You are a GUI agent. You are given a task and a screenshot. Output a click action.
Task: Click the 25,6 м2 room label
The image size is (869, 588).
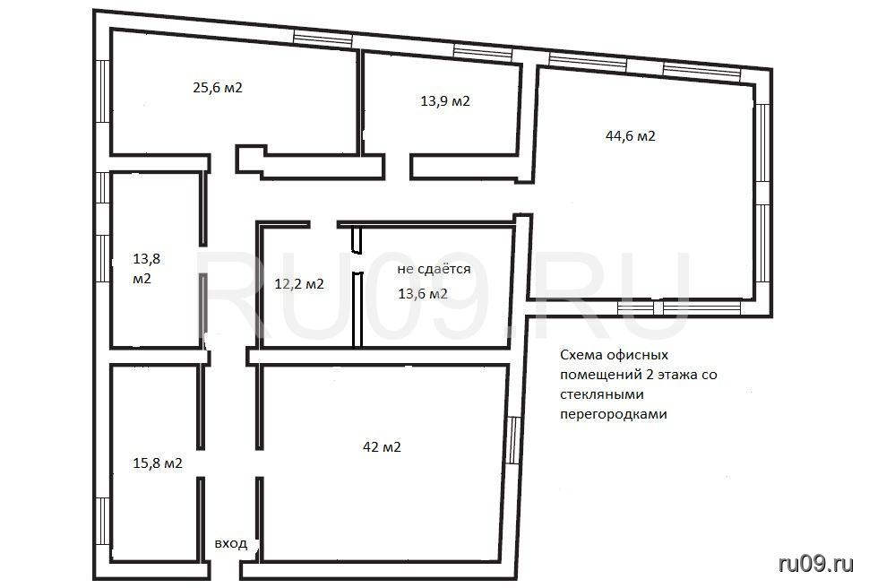point(217,88)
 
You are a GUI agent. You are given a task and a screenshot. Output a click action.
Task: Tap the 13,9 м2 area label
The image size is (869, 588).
point(445,101)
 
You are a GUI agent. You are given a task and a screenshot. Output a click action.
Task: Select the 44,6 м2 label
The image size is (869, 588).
point(630,136)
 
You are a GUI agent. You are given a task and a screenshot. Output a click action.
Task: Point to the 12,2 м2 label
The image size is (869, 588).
point(299,284)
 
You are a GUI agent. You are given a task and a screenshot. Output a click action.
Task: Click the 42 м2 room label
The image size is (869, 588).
point(382,446)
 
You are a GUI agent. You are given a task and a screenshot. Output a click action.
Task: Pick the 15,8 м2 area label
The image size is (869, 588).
point(158,463)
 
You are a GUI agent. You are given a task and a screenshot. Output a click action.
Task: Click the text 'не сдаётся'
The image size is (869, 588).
point(434,269)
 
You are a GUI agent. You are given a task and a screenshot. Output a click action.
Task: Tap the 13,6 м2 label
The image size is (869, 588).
point(422,294)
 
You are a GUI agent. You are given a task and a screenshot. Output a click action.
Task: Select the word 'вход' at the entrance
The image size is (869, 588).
point(230,543)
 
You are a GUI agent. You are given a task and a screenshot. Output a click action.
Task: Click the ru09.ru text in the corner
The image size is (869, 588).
point(816,564)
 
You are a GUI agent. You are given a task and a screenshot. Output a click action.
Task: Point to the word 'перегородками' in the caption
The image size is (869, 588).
point(613,414)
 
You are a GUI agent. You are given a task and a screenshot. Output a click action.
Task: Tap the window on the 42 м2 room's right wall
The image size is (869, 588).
point(514,440)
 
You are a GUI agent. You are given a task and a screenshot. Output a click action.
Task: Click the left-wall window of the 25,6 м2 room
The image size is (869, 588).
point(103,91)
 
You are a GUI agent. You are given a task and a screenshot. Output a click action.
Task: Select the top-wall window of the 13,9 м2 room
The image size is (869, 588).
point(483,52)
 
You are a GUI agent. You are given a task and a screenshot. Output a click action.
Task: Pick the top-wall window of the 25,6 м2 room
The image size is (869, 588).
point(323,39)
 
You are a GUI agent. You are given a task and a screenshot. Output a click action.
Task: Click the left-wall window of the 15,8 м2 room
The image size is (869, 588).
point(103,521)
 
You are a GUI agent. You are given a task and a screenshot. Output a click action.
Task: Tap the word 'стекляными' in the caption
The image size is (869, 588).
point(601,394)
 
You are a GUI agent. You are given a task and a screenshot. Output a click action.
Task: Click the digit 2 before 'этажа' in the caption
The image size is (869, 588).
point(650,375)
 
